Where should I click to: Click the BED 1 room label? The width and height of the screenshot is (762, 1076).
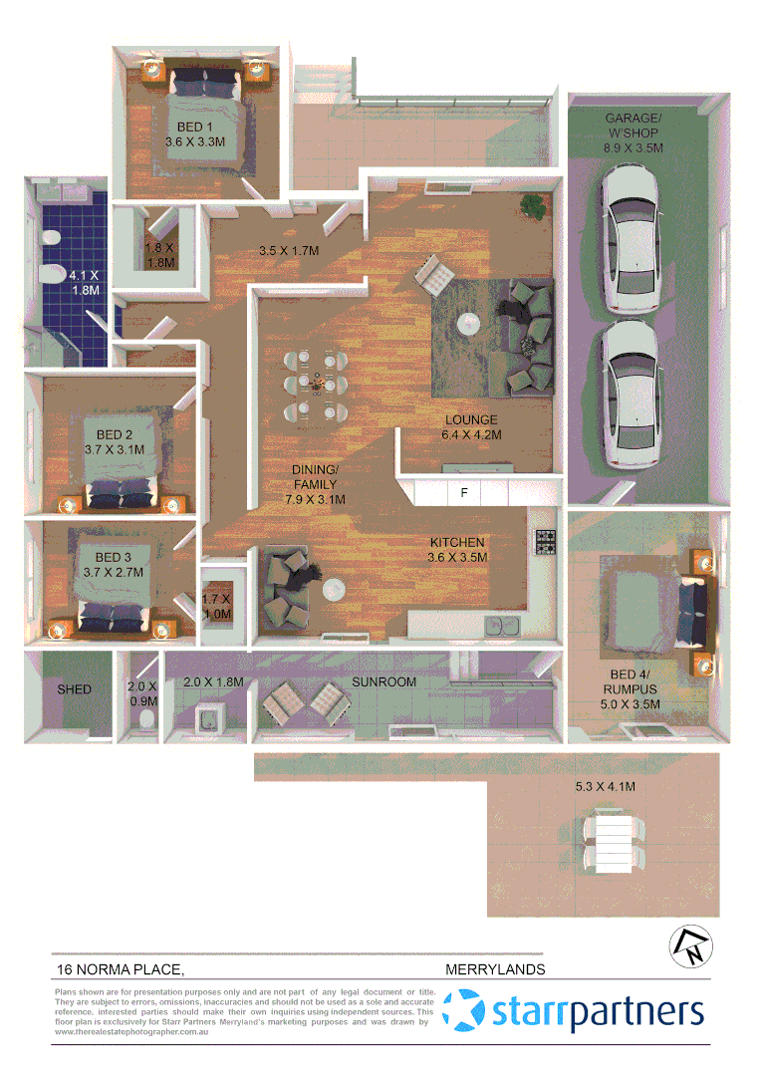click(x=195, y=134)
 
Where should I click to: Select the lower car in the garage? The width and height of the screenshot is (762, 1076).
click(x=632, y=393)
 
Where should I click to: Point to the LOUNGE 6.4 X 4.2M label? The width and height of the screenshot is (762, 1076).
click(x=471, y=427)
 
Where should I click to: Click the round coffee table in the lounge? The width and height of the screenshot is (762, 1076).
click(x=468, y=323)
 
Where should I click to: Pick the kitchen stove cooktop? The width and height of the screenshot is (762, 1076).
click(x=545, y=542)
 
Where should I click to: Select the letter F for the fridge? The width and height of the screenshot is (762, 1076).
click(x=463, y=492)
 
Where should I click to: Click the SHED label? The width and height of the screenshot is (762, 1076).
click(x=74, y=689)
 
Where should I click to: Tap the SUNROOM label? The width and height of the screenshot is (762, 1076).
click(x=383, y=682)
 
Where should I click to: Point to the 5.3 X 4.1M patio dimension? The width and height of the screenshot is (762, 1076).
click(x=605, y=787)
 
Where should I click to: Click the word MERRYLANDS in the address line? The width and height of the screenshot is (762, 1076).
click(x=494, y=968)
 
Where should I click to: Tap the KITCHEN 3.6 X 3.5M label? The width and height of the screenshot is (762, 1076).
click(x=457, y=550)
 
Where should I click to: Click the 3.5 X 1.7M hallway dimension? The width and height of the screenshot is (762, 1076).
click(x=288, y=251)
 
